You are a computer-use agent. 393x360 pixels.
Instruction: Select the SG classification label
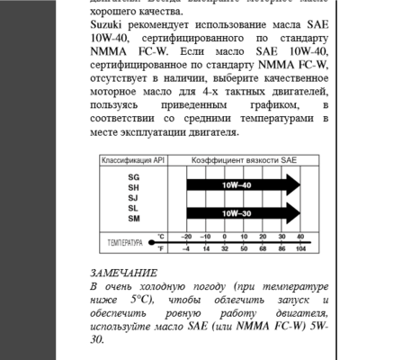click(x=133, y=176)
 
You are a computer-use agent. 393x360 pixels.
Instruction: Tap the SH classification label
click(x=133, y=187)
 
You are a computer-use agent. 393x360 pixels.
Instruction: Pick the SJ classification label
click(x=133, y=197)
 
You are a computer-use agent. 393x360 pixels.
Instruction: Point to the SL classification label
click(x=133, y=208)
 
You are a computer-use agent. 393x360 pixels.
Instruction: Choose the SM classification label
click(x=133, y=219)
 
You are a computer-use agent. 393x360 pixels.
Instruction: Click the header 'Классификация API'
click(x=133, y=160)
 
